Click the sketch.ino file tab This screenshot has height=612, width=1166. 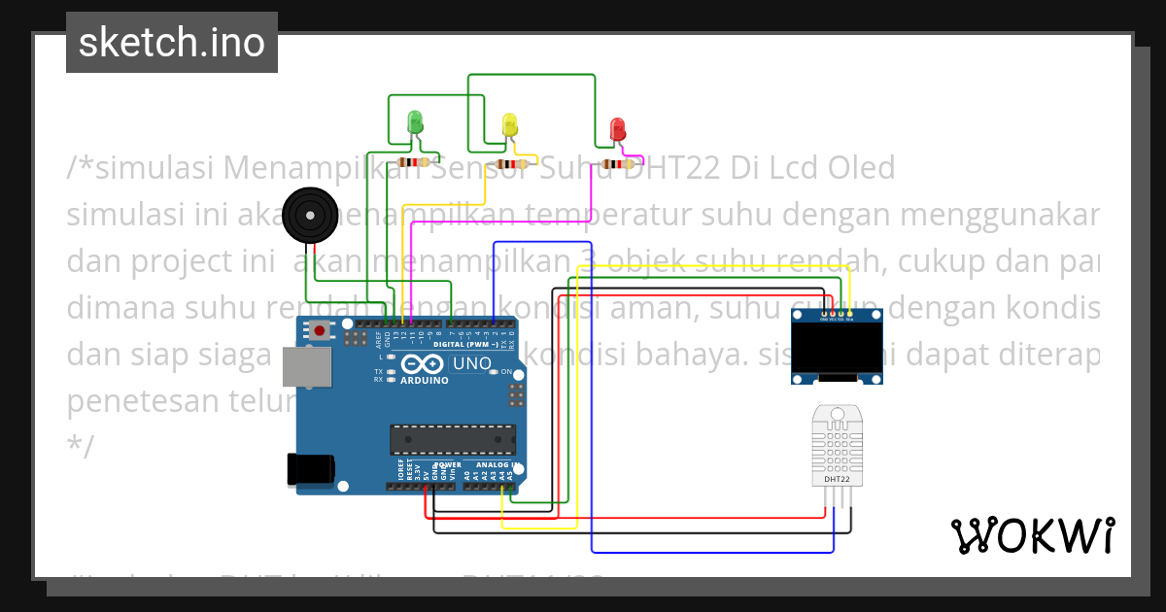click(x=172, y=43)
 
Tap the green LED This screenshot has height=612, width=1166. click(x=415, y=122)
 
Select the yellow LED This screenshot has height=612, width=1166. click(x=510, y=124)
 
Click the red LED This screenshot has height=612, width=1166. click(x=617, y=129)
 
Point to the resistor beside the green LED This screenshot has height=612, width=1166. click(x=415, y=163)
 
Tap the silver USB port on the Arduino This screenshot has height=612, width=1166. click(x=304, y=367)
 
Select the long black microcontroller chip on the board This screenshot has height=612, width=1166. click(x=451, y=439)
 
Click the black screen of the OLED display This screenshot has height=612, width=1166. click(x=837, y=348)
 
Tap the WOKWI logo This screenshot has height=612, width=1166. click(x=1032, y=535)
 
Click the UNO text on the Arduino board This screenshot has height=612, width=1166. click(x=472, y=363)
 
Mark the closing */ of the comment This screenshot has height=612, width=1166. click(x=80, y=447)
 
